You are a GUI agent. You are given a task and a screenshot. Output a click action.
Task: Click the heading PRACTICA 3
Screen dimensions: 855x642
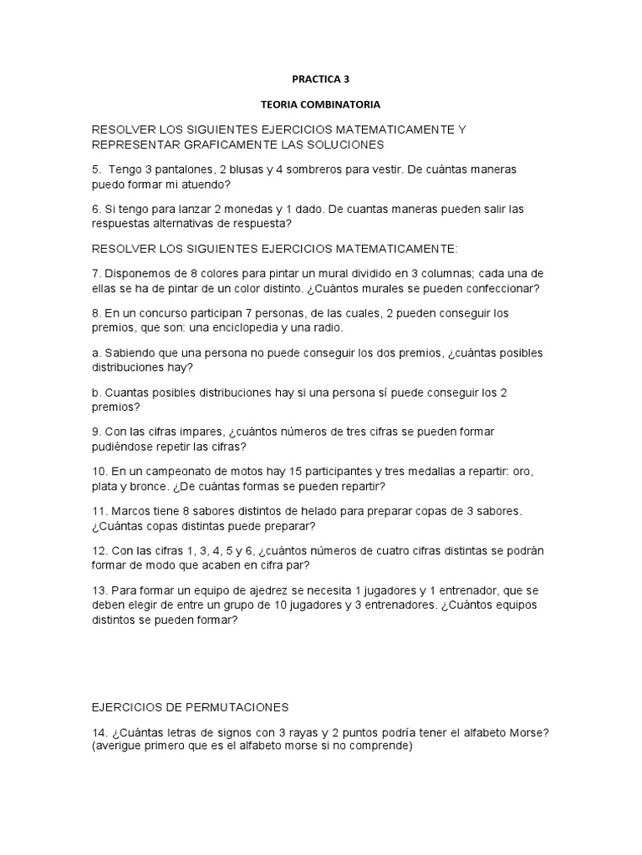tap(320, 80)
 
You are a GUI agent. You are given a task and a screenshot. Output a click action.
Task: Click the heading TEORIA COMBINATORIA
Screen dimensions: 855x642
tap(321, 107)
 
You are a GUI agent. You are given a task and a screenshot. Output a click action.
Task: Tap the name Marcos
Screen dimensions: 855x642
tap(130, 510)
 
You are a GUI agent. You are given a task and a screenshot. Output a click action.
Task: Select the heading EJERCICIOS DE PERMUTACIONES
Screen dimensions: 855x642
tap(190, 707)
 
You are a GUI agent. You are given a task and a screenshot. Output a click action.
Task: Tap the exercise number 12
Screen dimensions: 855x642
tap(99, 549)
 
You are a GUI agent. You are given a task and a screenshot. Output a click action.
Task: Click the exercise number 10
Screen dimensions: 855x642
tap(99, 471)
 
